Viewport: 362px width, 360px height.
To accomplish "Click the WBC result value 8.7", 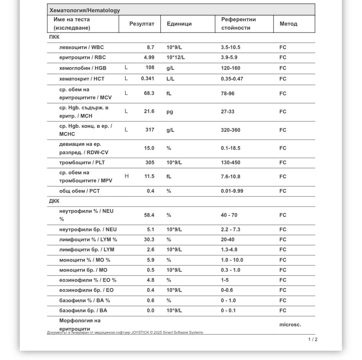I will click(x=150, y=47).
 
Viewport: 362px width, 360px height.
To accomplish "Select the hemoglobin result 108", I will click(x=149, y=68).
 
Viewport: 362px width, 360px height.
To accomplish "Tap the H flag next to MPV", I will click(x=126, y=176).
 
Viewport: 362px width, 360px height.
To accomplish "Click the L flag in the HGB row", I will click(x=126, y=68).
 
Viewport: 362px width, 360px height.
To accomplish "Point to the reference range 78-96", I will click(x=228, y=93).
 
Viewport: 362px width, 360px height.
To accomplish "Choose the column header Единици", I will click(x=179, y=24).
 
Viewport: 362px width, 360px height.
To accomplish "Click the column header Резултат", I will click(x=141, y=24).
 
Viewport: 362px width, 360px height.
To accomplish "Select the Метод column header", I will click(x=288, y=24).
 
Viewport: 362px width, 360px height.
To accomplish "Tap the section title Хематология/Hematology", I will click(x=84, y=10).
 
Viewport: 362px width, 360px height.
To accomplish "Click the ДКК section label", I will click(x=54, y=201).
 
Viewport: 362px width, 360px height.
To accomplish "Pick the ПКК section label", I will click(x=54, y=37).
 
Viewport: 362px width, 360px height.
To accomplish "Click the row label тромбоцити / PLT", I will click(x=82, y=163).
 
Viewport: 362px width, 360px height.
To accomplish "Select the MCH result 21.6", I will click(x=149, y=112).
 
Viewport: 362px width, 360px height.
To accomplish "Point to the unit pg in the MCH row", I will click(x=170, y=112).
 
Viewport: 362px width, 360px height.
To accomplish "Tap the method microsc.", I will click(x=290, y=325).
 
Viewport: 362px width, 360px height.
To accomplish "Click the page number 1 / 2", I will click(x=313, y=339).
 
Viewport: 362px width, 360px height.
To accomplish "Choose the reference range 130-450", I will click(x=230, y=163).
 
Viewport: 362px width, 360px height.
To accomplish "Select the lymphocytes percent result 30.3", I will click(x=149, y=239).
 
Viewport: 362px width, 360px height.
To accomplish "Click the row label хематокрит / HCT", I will click(x=82, y=79).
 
